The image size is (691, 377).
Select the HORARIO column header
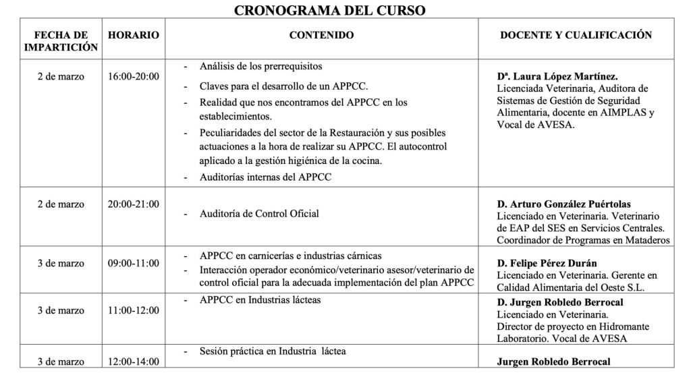click(134, 34)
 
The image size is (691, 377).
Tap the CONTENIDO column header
click(321, 34)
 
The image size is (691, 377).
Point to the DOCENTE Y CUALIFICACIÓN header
click(576, 34)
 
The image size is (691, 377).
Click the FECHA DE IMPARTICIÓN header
click(61, 40)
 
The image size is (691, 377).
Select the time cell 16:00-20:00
click(134, 76)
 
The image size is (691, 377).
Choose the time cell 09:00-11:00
click(134, 263)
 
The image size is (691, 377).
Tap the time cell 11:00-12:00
click(134, 310)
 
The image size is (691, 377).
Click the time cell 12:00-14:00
click(134, 361)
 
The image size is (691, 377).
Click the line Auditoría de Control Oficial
click(259, 214)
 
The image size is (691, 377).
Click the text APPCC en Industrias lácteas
click(260, 299)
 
